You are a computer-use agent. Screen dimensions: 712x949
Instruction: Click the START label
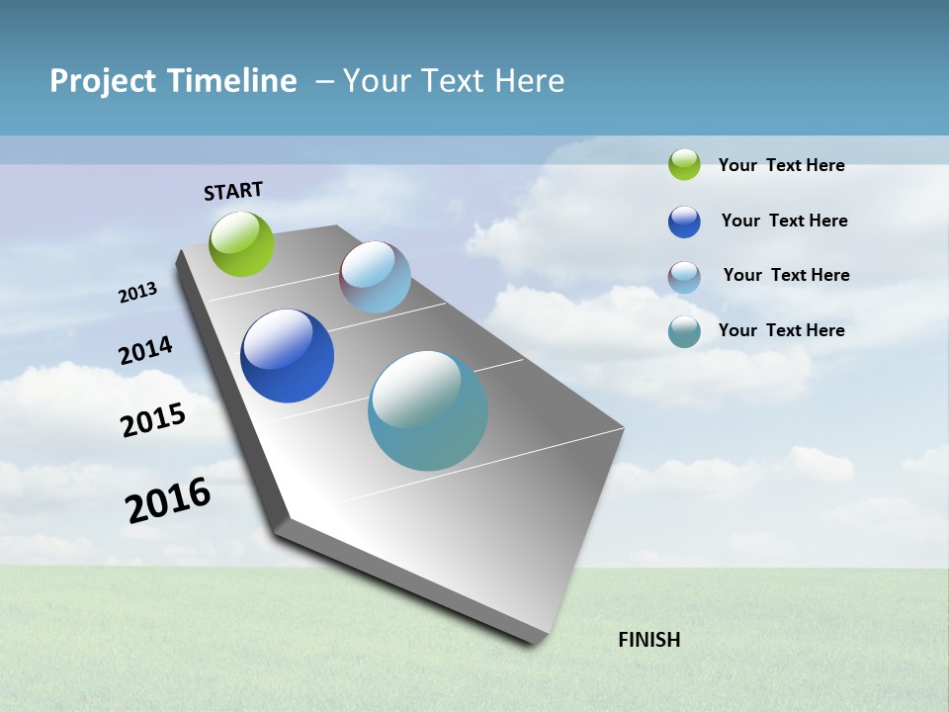[233, 191]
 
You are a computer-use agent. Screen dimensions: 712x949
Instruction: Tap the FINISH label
[648, 640]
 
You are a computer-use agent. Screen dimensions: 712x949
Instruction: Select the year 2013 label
[138, 293]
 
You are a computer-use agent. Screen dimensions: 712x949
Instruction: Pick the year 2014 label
[146, 350]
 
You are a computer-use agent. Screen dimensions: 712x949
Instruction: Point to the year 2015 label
[153, 419]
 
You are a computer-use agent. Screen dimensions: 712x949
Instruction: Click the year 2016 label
[168, 499]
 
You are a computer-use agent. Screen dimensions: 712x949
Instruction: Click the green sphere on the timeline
[242, 244]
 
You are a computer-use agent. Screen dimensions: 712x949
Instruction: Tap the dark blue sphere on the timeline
[287, 356]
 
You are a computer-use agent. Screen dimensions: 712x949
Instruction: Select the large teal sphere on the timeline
[428, 410]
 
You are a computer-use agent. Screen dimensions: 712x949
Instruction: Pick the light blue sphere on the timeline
[375, 277]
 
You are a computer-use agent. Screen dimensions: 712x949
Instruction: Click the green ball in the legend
[684, 164]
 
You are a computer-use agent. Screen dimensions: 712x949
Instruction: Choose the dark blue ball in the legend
[684, 222]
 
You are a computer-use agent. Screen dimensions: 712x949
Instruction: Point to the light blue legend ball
[684, 277]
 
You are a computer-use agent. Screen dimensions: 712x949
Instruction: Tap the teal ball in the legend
[684, 331]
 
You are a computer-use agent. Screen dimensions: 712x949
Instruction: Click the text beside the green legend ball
[781, 165]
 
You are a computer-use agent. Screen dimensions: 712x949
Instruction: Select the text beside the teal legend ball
[781, 330]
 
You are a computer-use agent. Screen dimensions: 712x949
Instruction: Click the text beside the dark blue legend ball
[784, 221]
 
